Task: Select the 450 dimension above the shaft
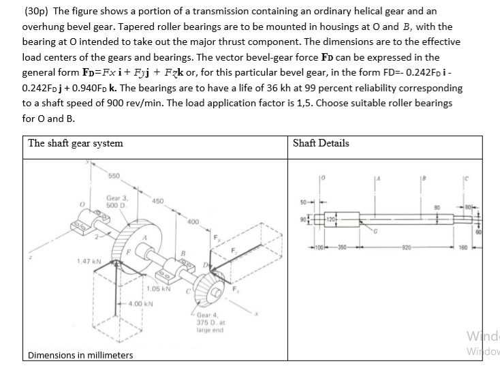pos(157,200)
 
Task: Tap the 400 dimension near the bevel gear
pos(193,221)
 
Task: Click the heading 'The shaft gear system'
pos(76,143)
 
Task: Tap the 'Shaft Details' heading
pos(320,143)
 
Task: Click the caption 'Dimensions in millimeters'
pos(79,355)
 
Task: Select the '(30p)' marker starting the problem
pos(39,12)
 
